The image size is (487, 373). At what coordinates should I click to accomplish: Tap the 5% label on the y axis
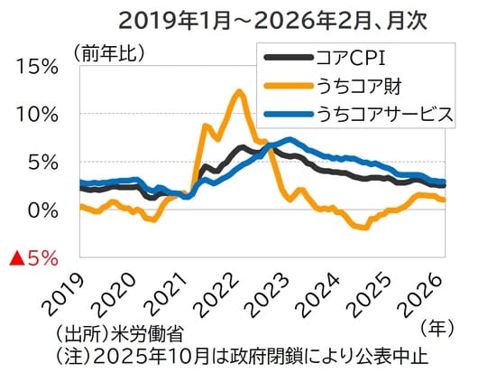tap(41, 163)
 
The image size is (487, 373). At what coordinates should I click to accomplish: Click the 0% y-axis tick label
tap(41, 210)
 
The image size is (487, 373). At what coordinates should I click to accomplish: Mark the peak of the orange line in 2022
tap(238, 90)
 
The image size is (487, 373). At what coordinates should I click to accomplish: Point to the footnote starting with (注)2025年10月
tap(239, 352)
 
